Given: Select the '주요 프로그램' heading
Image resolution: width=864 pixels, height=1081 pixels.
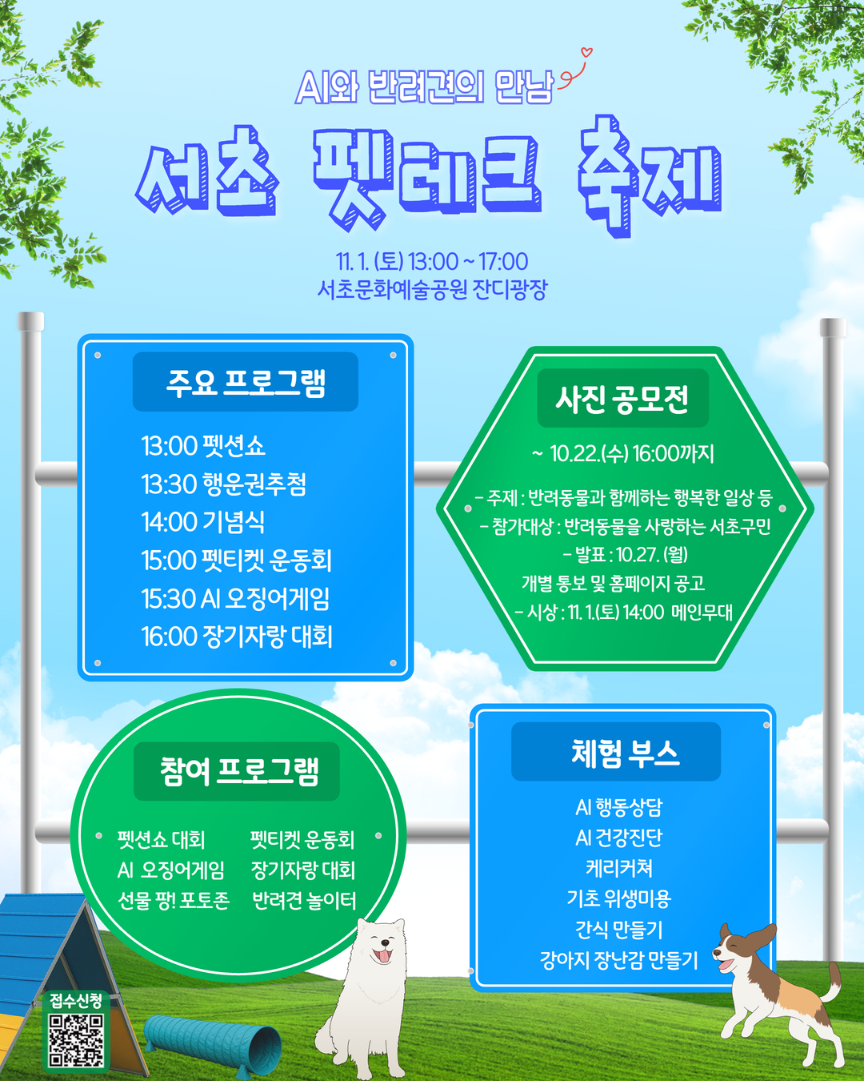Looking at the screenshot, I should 246,382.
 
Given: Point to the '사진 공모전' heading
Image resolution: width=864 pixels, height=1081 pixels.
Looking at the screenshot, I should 622,398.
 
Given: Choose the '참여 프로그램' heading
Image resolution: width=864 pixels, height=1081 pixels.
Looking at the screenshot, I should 238,771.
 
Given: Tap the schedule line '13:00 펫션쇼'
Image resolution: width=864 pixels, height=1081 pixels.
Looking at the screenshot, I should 203,446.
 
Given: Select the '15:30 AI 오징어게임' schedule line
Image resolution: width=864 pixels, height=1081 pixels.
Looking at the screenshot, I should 235,599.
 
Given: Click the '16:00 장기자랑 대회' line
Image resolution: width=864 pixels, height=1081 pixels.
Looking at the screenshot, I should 237,637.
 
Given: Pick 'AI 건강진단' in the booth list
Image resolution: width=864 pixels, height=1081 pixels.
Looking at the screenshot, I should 618,838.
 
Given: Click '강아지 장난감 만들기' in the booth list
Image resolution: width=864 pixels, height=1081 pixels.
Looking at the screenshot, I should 618,960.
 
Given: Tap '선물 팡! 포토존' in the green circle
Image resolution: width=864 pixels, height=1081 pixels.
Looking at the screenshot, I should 174,900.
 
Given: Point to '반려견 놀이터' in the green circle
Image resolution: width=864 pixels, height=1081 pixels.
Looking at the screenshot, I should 304,900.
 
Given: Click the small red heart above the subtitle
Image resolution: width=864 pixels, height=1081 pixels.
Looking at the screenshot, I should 586,54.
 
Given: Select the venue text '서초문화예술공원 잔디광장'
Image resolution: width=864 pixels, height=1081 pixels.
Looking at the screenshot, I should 432,289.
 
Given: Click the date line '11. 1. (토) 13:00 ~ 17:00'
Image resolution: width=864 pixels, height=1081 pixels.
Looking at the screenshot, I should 432,261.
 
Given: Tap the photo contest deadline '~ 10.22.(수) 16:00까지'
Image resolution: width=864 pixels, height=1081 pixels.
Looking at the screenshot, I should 622,454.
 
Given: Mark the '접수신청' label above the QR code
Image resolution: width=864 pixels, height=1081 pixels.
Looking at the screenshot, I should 76,1000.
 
